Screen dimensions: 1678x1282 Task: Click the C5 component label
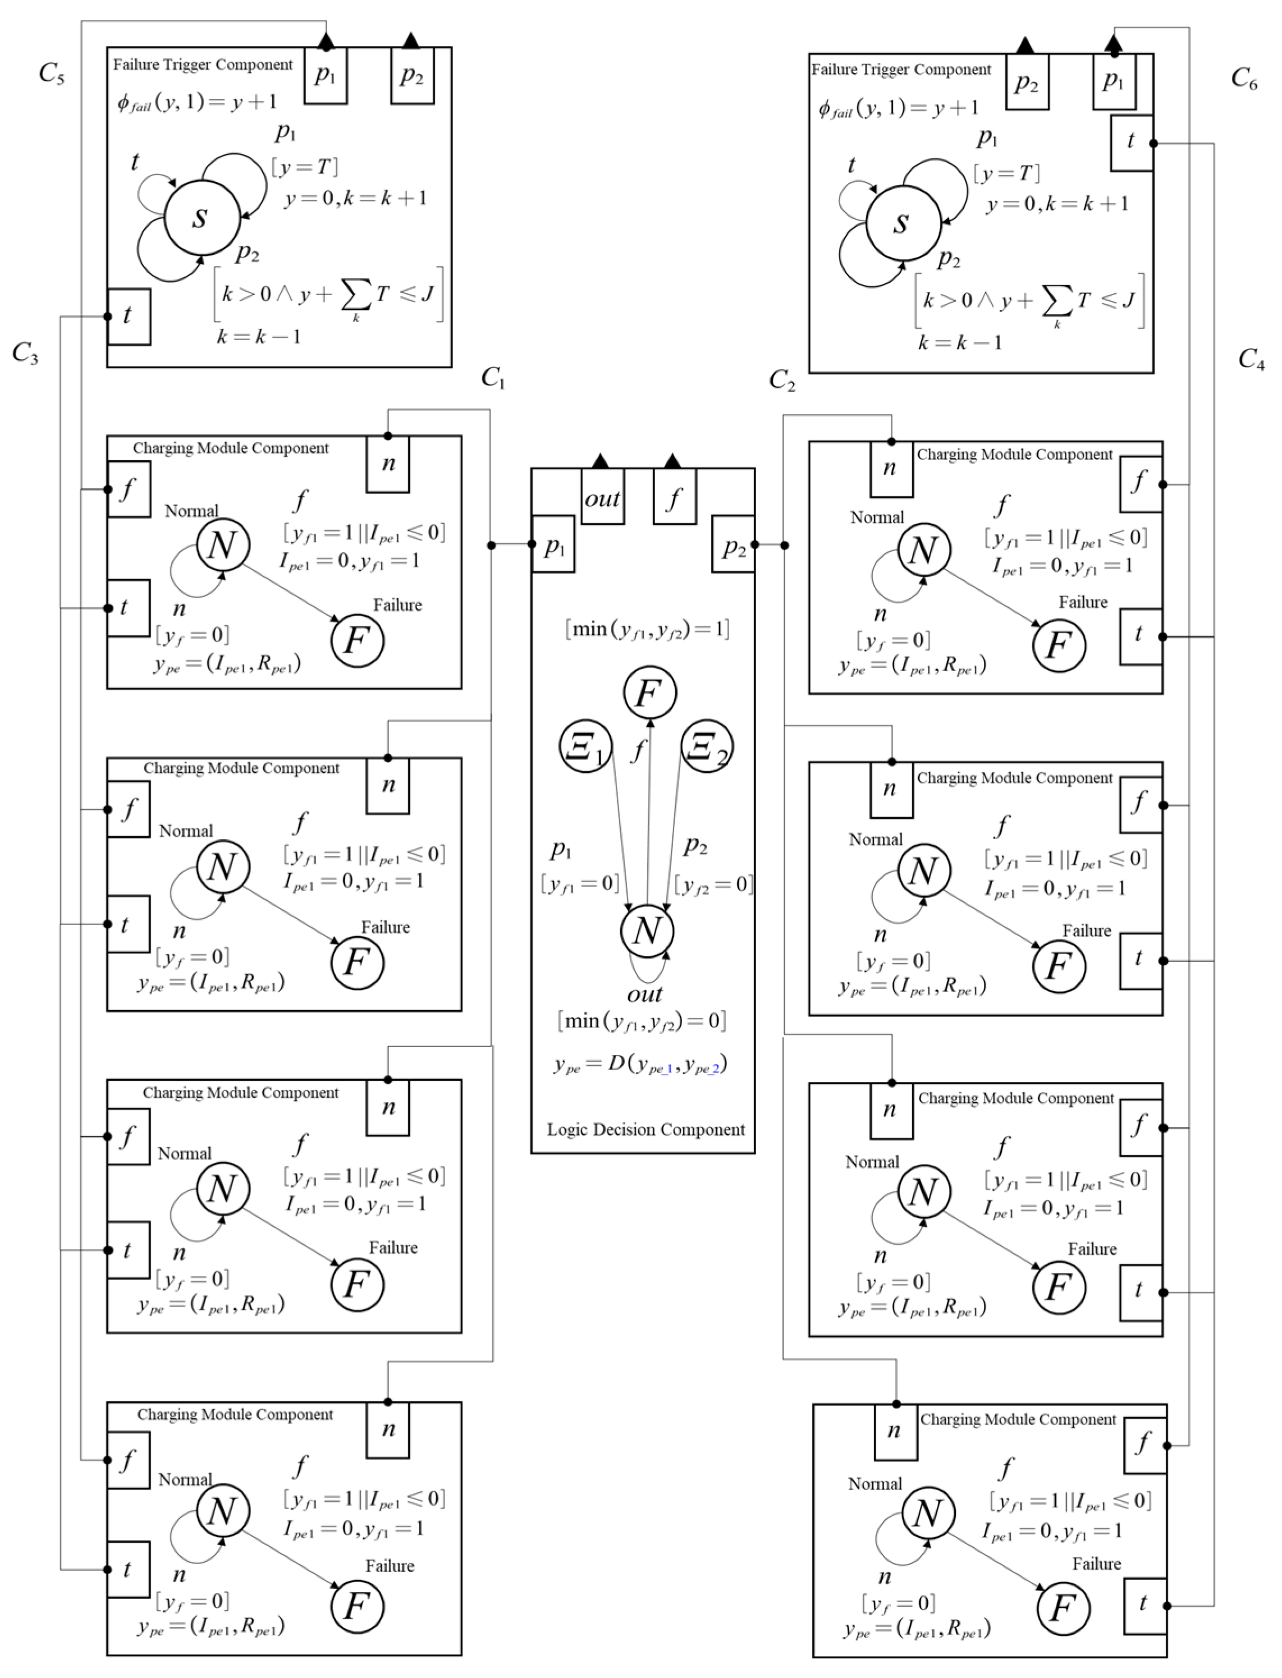[51, 74]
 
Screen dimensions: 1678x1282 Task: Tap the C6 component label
[1244, 79]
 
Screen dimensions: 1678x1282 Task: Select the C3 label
[25, 354]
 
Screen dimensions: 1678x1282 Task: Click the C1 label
[493, 378]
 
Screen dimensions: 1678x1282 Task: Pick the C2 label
[781, 380]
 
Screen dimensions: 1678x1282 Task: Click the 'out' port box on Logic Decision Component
[602, 498]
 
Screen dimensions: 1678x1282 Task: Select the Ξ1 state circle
[586, 746]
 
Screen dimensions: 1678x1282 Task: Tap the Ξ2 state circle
[707, 746]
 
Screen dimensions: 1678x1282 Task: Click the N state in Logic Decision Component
[647, 931]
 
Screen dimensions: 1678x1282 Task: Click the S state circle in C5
[202, 218]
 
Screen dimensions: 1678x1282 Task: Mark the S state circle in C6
[904, 223]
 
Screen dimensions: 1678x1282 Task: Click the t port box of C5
[128, 316]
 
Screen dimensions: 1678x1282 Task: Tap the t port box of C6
[1131, 142]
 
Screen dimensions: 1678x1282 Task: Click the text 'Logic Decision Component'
[645, 1129]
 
